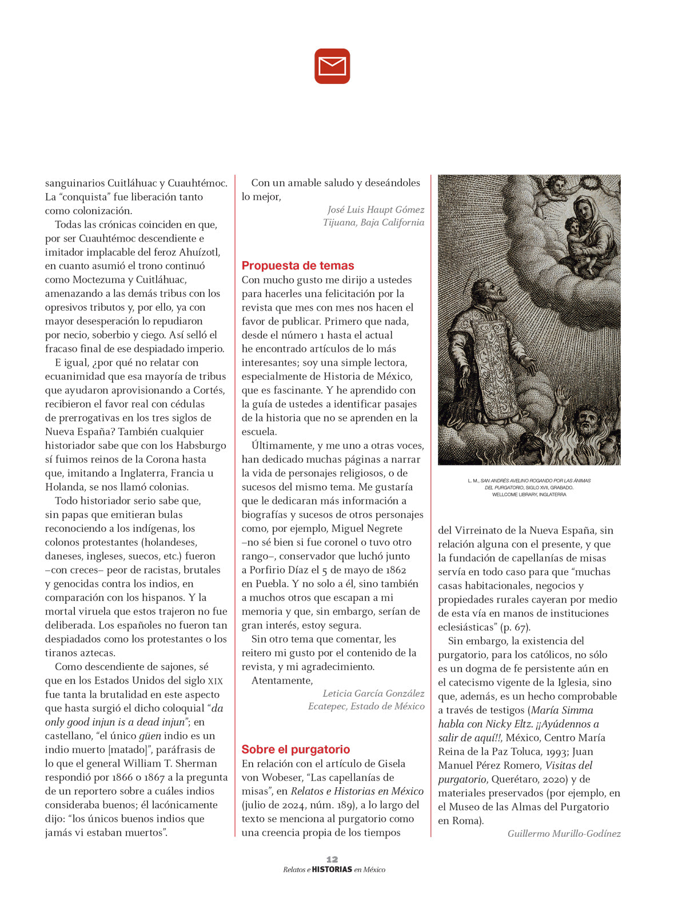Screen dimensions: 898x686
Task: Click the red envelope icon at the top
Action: pos(332,66)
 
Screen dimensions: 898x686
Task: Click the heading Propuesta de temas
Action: pos(298,266)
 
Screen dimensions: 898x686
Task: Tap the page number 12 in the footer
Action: pos(332,859)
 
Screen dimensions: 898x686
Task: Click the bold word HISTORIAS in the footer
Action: pos(332,869)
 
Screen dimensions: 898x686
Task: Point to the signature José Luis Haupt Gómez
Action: pos(376,210)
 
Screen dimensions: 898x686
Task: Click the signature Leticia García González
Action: pos(373,693)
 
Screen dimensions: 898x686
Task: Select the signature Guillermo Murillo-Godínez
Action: pos(564,833)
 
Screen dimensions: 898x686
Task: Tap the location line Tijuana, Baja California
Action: pos(373,223)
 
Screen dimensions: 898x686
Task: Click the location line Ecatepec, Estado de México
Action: pos(366,707)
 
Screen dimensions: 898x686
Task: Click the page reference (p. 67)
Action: pos(516,627)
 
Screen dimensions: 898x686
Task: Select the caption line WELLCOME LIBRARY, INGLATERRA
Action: pos(529,495)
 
